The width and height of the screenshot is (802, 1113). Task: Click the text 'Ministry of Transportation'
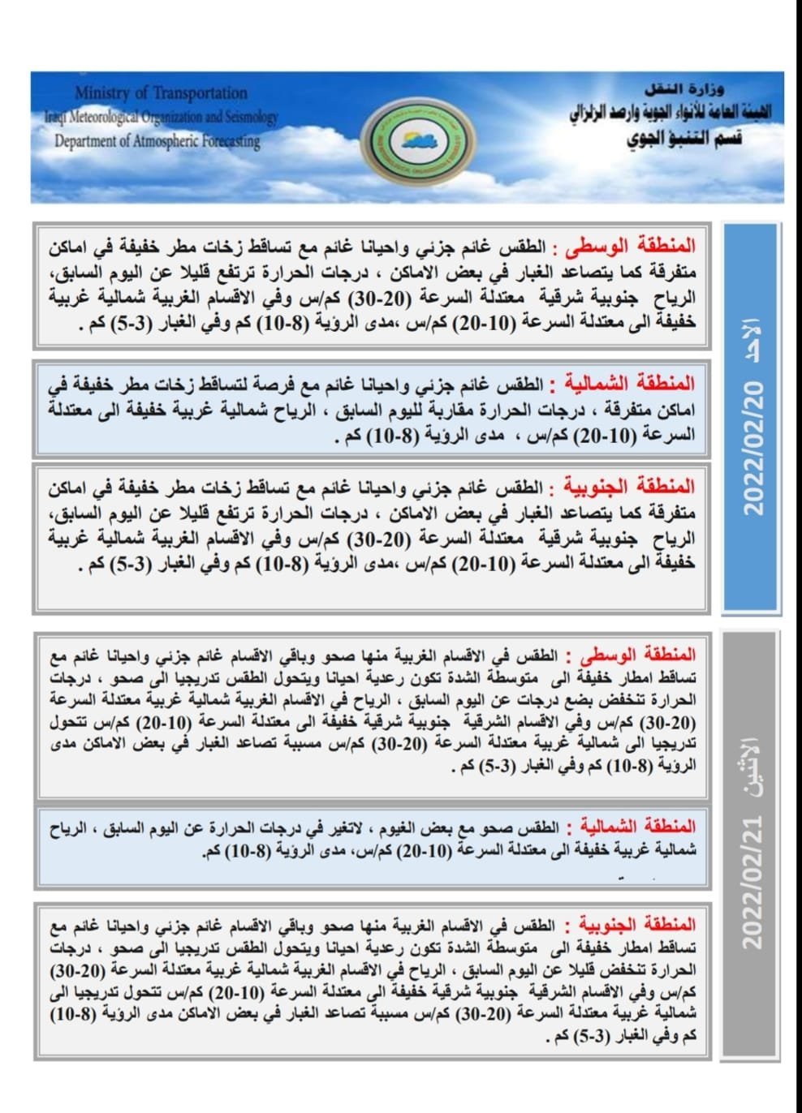[x=161, y=92]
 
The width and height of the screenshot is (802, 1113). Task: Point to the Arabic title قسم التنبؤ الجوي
[x=684, y=139]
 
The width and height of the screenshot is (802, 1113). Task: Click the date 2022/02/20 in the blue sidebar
[x=754, y=449]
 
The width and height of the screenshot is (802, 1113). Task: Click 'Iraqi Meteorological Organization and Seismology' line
[x=161, y=117]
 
